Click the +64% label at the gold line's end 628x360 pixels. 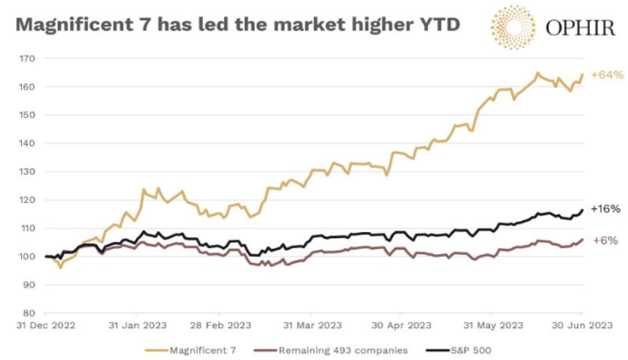[x=605, y=75]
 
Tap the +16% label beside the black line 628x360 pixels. [x=605, y=209]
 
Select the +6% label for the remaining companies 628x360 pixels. [x=605, y=240]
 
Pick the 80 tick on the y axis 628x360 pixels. [x=29, y=313]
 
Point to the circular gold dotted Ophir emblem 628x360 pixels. [x=512, y=27]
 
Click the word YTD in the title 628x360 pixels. [x=438, y=25]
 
